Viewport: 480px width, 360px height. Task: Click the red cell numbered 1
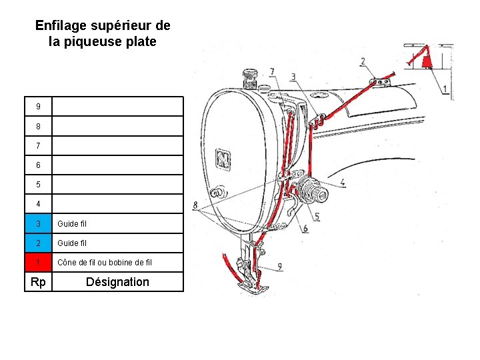pos(38,262)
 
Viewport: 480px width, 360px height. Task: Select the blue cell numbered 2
pos(38,243)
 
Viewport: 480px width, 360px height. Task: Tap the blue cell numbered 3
pos(38,223)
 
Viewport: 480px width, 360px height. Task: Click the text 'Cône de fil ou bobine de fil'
pos(105,262)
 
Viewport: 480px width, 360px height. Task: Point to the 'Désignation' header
pos(117,282)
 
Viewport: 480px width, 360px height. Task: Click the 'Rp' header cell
pos(38,282)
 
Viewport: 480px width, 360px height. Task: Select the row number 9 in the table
pos(38,107)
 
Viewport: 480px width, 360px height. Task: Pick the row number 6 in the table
pos(38,165)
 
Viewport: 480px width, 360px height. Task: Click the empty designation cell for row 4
pos(117,204)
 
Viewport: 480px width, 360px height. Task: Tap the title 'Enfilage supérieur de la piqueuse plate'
pos(103,33)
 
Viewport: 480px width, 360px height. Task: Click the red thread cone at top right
pos(427,61)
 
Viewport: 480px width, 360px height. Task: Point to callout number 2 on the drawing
pos(363,62)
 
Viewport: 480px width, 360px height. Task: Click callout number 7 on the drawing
pos(271,71)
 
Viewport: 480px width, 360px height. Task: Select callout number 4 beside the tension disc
pos(342,182)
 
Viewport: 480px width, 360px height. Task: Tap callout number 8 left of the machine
pos(195,205)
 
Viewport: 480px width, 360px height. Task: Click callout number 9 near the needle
pos(279,266)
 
